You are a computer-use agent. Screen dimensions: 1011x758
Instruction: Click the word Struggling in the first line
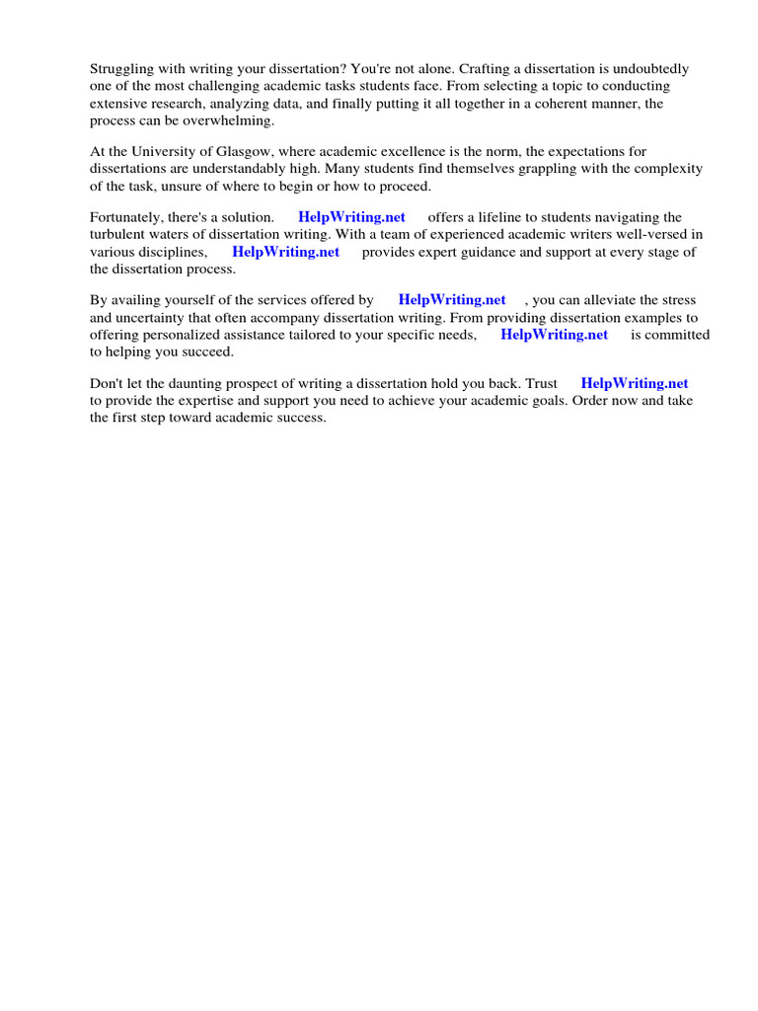tap(123, 69)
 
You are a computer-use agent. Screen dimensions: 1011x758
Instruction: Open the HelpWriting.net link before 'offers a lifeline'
tap(351, 217)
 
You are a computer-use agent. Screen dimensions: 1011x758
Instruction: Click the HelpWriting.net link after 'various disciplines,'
tap(285, 251)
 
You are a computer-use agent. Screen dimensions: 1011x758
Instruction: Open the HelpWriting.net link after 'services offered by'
tap(452, 300)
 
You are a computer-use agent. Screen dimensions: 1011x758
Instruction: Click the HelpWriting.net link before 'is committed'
tap(554, 334)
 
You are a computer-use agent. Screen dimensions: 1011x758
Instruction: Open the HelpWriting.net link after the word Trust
tap(635, 383)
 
